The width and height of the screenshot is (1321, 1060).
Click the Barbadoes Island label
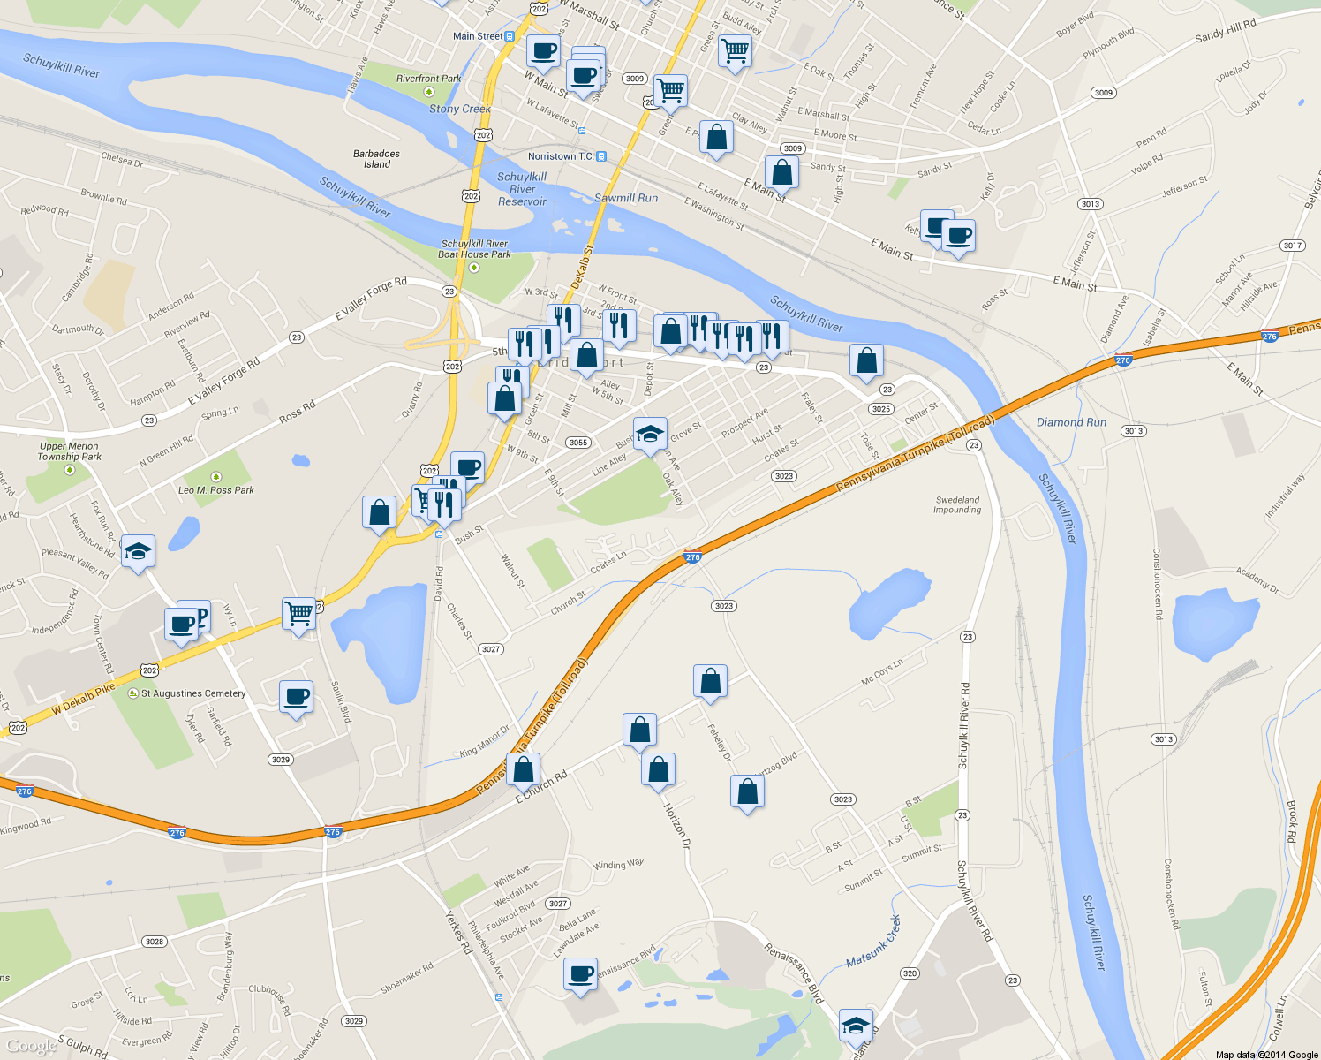click(x=376, y=159)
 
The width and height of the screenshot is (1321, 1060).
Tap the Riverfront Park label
click(x=428, y=79)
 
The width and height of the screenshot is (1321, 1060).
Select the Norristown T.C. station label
click(x=561, y=156)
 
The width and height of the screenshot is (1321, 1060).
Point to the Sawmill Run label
click(x=626, y=198)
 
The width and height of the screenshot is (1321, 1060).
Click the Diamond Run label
click(x=1071, y=422)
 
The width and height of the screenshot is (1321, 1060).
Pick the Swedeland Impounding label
click(x=957, y=504)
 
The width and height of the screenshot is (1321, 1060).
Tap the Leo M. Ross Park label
click(x=216, y=490)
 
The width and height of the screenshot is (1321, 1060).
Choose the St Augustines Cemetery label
click(x=193, y=693)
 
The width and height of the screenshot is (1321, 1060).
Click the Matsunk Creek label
click(x=873, y=942)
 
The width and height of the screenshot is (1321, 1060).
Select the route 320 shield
click(x=910, y=973)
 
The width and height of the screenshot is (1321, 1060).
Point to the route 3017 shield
click(x=1292, y=246)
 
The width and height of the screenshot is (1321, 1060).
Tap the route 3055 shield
click(x=578, y=443)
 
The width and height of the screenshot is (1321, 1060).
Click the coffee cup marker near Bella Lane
click(x=580, y=974)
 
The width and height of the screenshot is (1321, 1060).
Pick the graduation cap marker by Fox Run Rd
click(x=138, y=552)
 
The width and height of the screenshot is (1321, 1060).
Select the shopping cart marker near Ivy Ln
click(x=299, y=612)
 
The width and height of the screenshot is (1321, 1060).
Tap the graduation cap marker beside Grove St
click(x=650, y=434)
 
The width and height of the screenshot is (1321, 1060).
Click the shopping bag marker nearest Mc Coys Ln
click(x=710, y=682)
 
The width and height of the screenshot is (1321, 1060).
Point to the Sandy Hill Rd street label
click(x=1225, y=31)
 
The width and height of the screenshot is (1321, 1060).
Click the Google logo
click(x=31, y=1046)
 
